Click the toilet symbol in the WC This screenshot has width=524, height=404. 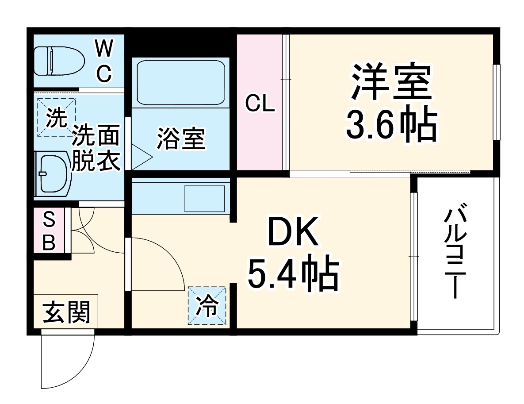pos(59,61)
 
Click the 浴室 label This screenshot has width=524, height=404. pos(181,139)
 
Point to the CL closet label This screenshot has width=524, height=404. pos(260,105)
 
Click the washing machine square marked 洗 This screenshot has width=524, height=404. pos(56,118)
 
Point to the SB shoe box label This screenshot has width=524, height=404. pos(49,231)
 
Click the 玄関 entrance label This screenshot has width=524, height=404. pos(66,312)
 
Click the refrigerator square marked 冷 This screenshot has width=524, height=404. pos(207,305)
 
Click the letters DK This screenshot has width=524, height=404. pos(293,232)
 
